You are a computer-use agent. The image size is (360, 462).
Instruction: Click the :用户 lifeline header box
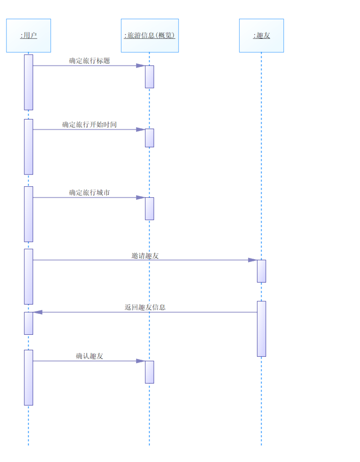pyautogui.click(x=28, y=35)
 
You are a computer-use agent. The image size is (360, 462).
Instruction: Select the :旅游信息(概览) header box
pyautogui.click(x=149, y=35)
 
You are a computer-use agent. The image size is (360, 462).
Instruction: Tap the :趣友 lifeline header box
pyautogui.click(x=261, y=35)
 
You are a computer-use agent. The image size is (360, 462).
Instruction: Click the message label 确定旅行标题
pyautogui.click(x=89, y=60)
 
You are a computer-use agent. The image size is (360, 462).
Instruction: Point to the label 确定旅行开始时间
pyautogui.click(x=89, y=125)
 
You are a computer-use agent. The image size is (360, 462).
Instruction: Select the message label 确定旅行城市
pyautogui.click(x=89, y=193)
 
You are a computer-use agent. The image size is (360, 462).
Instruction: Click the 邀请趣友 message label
pyautogui.click(x=145, y=256)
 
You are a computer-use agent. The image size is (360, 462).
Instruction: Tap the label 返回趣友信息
pyautogui.click(x=145, y=307)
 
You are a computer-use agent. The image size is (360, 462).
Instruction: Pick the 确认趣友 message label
pyautogui.click(x=89, y=356)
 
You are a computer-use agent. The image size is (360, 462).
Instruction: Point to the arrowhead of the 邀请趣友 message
pyautogui.click(x=253, y=260)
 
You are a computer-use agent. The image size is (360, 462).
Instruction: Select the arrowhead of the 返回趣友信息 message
pyautogui.click(x=38, y=312)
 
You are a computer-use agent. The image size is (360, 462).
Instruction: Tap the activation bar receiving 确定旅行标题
pyautogui.click(x=149, y=76)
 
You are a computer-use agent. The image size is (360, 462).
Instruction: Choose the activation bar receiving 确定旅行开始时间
pyautogui.click(x=149, y=138)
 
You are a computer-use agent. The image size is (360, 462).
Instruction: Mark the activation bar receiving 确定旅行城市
pyautogui.click(x=149, y=208)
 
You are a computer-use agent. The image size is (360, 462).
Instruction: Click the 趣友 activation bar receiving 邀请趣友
pyautogui.click(x=261, y=271)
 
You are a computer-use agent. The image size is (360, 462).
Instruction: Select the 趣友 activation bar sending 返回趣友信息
pyautogui.click(x=261, y=328)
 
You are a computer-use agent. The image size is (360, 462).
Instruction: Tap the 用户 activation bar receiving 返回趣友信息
pyautogui.click(x=28, y=323)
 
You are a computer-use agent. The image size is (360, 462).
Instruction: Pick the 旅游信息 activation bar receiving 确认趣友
pyautogui.click(x=149, y=372)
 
